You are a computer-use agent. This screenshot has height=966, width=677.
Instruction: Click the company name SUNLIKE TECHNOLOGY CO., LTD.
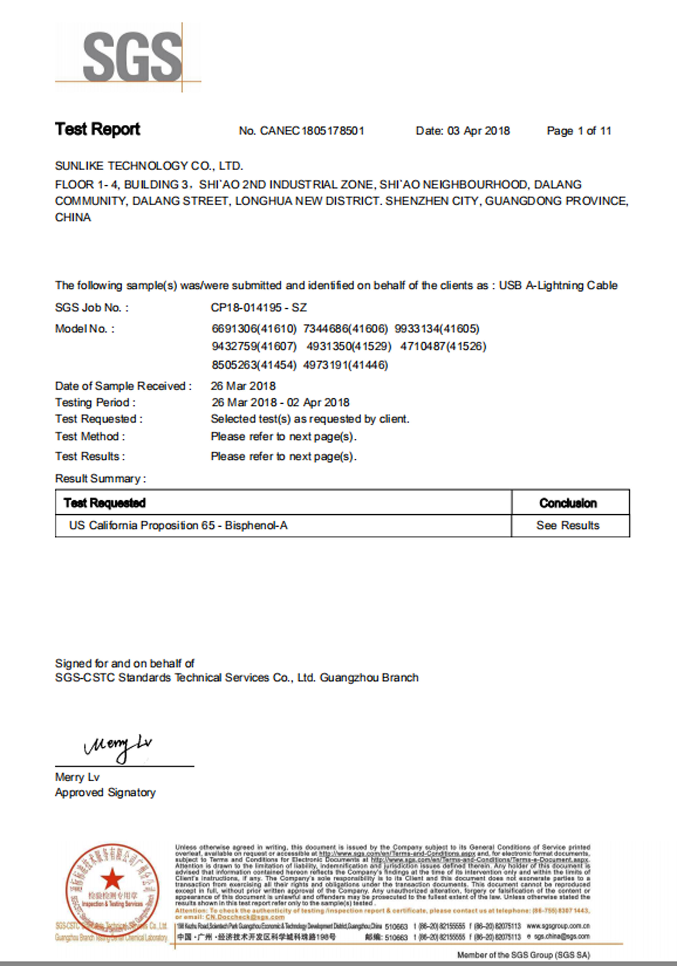(149, 166)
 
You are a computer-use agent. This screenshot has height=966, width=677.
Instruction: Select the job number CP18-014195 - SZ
(258, 307)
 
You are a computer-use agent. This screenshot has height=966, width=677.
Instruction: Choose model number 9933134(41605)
(437, 329)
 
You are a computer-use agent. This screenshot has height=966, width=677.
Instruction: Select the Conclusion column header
(568, 503)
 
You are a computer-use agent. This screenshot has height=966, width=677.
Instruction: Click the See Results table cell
(568, 525)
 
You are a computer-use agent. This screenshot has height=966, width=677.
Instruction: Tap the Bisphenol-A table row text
(179, 525)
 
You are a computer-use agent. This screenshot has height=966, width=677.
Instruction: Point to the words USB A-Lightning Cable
(558, 286)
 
